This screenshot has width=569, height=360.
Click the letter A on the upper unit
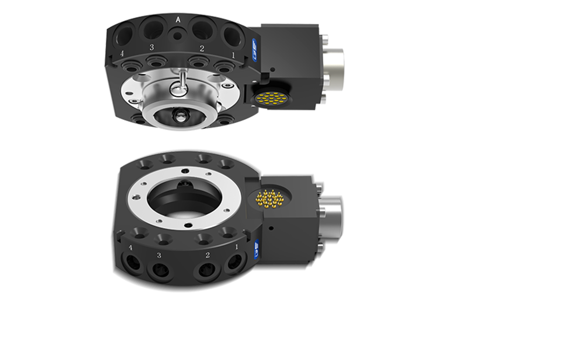(x=178, y=19)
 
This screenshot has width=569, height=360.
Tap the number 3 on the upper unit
(x=151, y=47)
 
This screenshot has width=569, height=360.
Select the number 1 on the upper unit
(x=233, y=54)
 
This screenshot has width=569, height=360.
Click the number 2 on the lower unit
(x=208, y=255)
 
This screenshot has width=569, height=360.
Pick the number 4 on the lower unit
(x=130, y=248)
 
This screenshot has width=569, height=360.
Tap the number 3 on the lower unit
(x=158, y=255)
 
